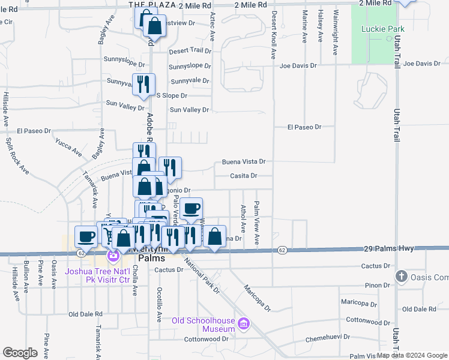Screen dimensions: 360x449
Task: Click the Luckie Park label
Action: click(383, 29)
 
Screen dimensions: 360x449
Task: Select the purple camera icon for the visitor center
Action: click(113, 257)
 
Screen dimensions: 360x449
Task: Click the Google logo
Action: click(20, 353)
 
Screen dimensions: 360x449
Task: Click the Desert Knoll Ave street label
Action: click(273, 35)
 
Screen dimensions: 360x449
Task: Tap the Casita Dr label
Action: click(244, 176)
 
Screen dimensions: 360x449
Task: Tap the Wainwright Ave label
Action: click(336, 33)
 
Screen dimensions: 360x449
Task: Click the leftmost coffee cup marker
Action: click(86, 236)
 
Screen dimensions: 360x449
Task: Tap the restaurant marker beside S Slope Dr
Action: click(143, 84)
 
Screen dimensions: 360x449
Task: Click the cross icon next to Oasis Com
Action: click(402, 276)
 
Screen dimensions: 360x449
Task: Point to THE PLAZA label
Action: click(152, 4)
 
